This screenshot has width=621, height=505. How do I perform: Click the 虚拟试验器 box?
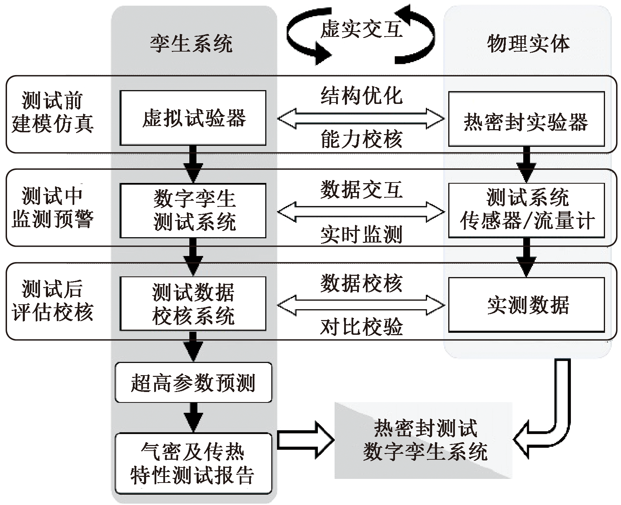pos(193,118)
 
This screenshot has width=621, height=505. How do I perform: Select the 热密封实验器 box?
pos(526,119)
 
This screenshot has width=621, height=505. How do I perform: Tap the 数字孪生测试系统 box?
pos(193,211)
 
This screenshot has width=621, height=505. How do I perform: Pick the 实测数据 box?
pos(526,304)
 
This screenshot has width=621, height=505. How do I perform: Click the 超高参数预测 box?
pos(193,382)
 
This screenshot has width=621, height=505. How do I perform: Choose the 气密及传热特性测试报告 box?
pos(193,463)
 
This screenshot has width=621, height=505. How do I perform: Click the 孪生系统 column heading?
pos(191,44)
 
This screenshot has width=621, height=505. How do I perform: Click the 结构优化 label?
pos(361,95)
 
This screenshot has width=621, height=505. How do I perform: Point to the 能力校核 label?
pos(361,139)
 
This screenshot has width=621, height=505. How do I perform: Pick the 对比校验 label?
pos(361,327)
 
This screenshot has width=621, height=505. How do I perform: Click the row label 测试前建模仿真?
pos(53,112)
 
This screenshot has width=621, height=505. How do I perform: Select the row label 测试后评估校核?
pos(53,300)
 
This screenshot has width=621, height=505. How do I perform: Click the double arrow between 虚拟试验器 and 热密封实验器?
pos(361,118)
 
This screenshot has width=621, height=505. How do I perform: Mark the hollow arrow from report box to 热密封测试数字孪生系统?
pos(305,440)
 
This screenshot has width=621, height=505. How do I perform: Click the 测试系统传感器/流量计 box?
pos(526,210)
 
